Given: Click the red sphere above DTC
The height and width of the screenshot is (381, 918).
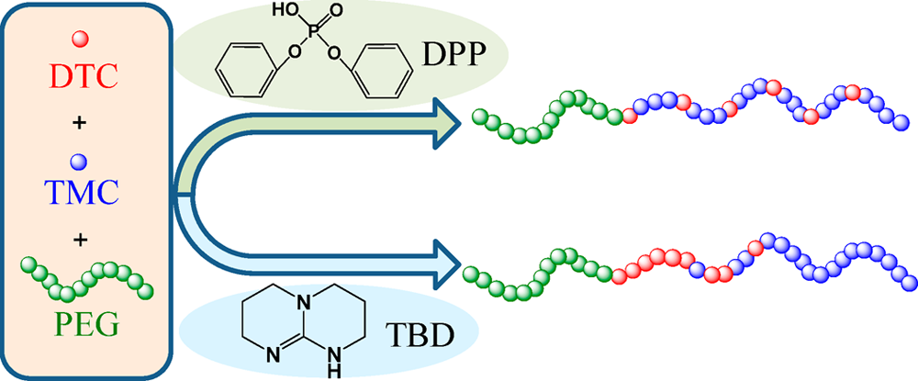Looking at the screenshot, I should pyautogui.click(x=82, y=39).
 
